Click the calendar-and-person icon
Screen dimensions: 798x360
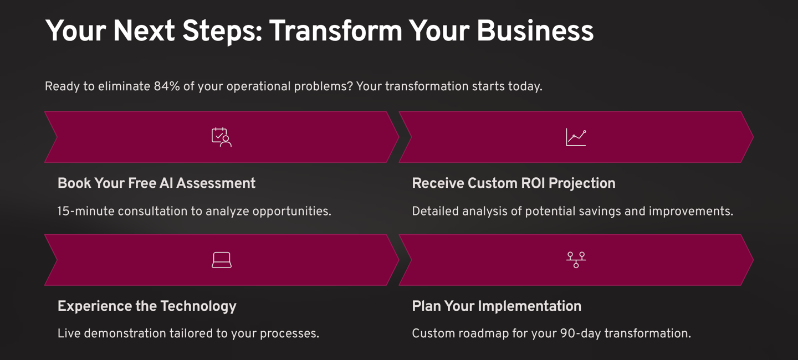[x=222, y=137]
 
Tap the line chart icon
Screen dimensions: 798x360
[x=576, y=137]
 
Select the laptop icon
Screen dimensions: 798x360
[x=222, y=260]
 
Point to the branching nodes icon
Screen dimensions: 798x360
[x=576, y=260]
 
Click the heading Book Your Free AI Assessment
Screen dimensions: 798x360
[x=156, y=183]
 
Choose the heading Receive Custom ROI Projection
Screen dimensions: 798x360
[x=513, y=183]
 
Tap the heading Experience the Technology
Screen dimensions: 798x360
[x=147, y=306]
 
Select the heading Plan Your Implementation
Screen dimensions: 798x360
[x=497, y=306]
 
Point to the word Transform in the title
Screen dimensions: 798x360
[x=336, y=31]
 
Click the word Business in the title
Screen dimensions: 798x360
[x=535, y=31]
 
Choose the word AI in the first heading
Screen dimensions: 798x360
[x=167, y=183]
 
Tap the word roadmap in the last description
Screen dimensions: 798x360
[x=480, y=334]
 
